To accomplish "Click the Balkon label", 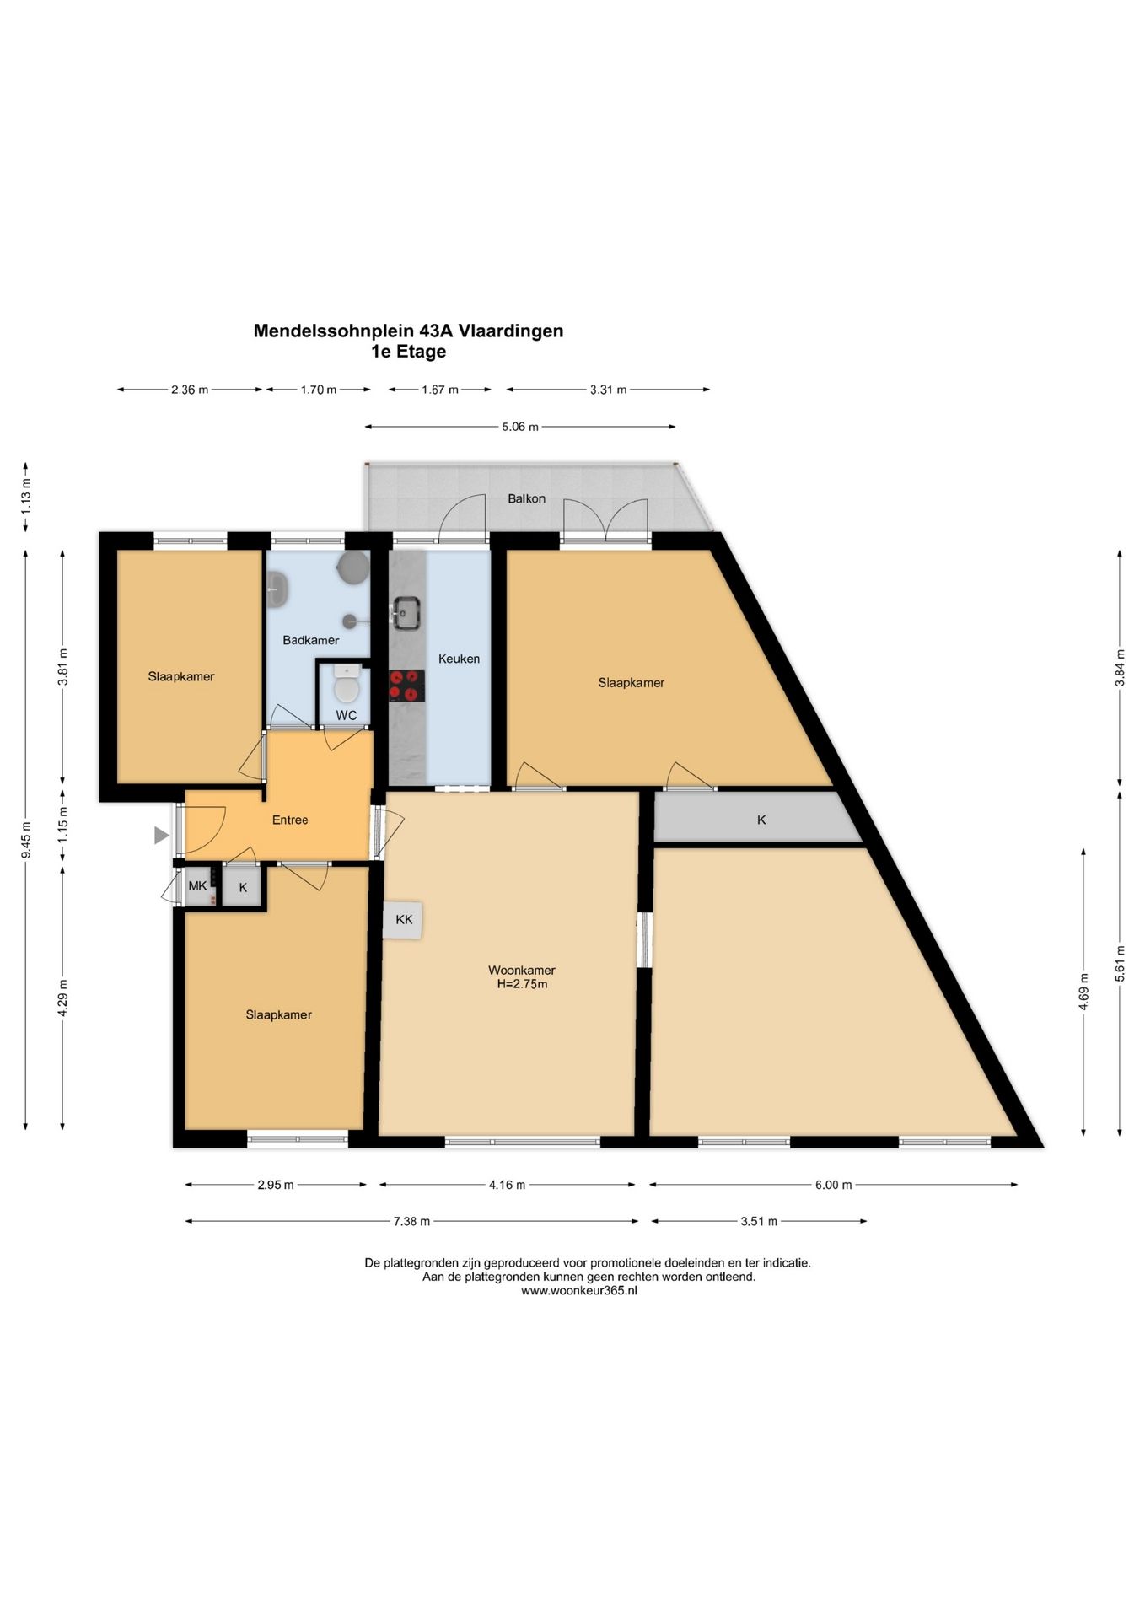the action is pos(526,498).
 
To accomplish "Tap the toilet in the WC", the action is pos(347,685).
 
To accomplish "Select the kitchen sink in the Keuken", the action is pos(407,612).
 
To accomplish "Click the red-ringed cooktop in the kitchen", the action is pos(406,686).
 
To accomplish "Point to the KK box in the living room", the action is pos(404,920).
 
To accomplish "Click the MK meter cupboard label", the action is pos(197,885).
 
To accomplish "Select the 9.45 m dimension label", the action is pos(26,840).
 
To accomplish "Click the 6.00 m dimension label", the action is pos(833,1185).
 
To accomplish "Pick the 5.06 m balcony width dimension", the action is pos(519,427).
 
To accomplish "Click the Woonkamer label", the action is pos(522,971).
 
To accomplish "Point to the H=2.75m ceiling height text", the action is pos(522,984).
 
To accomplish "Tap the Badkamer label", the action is pos(311,640).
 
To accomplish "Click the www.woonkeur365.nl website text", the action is pos(579,1290).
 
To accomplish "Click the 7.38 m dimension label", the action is pos(411,1221).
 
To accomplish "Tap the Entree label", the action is pos(290,820).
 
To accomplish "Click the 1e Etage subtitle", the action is pos(408,352).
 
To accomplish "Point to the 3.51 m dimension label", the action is pos(759,1221).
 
